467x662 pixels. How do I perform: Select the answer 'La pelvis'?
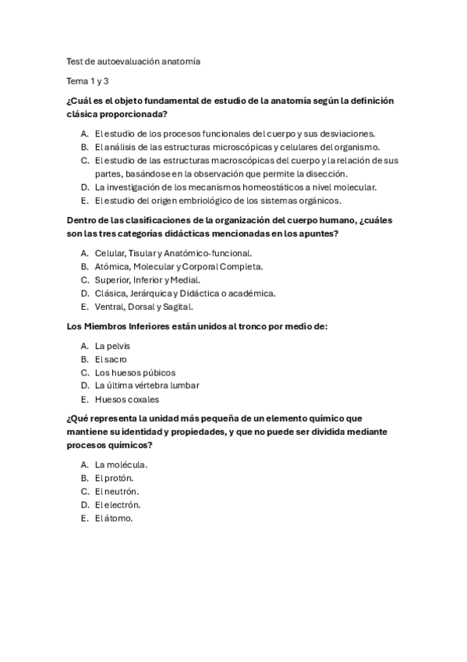[x=112, y=345]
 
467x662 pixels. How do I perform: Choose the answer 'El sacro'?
[x=112, y=358]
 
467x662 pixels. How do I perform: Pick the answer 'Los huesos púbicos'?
[x=135, y=372]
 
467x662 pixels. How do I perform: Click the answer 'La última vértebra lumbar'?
[x=147, y=386]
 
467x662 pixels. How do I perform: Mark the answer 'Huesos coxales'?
[x=126, y=399]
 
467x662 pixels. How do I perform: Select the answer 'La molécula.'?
[x=121, y=465]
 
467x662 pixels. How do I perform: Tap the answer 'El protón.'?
[x=114, y=479]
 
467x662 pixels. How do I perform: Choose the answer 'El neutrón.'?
[x=116, y=492]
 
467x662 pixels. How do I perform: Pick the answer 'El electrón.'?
[x=117, y=505]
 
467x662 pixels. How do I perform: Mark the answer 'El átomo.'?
[x=114, y=518]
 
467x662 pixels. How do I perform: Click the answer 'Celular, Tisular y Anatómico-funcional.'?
[x=173, y=253]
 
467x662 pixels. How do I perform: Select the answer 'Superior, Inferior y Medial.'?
[x=147, y=279]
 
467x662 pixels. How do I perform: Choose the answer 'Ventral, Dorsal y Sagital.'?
[x=143, y=306]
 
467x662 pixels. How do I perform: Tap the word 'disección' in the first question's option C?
[x=324, y=173]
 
